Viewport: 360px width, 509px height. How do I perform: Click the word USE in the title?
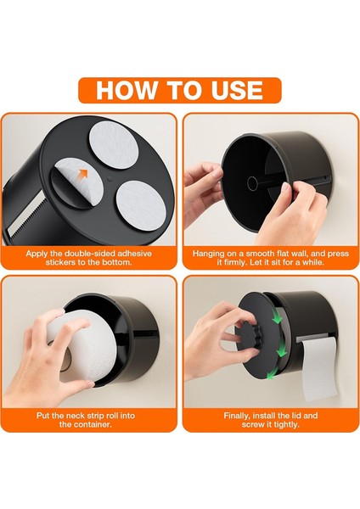pos(237,90)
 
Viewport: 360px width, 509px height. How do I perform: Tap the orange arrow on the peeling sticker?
pos(84,174)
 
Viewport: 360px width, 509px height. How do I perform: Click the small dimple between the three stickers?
pos(110,178)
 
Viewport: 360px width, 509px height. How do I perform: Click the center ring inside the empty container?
pos(252,184)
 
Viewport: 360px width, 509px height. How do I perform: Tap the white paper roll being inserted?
pos(83,347)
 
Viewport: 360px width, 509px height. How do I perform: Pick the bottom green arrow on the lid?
pos(272,373)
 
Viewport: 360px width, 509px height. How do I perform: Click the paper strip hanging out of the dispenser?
pos(320,368)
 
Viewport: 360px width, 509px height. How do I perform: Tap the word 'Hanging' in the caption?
pos(208,254)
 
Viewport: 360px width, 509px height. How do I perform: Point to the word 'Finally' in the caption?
pos(237,416)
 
